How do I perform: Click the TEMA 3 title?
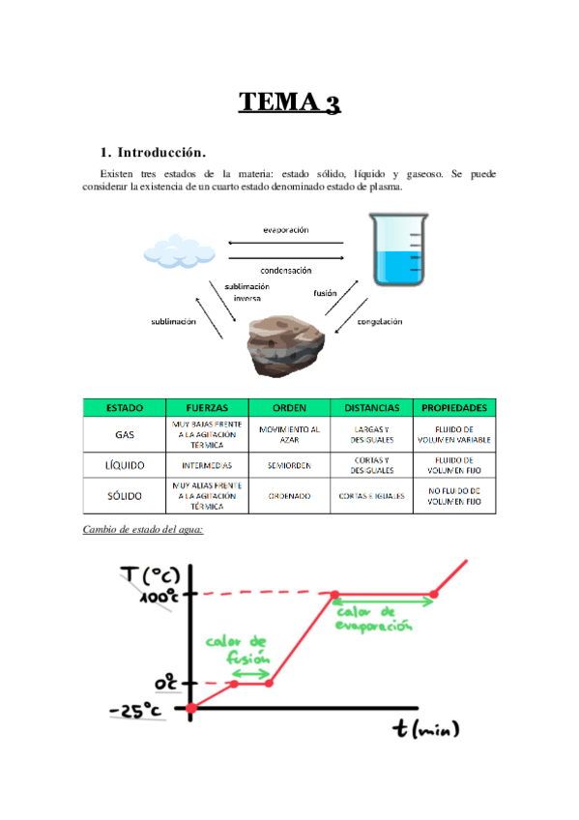[289, 102]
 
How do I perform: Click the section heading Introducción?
[154, 152]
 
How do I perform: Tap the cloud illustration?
[180, 250]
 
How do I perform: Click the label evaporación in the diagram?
[285, 230]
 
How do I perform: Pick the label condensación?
[285, 271]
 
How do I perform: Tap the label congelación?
[379, 321]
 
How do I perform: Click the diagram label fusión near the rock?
[325, 293]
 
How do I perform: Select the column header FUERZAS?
[207, 407]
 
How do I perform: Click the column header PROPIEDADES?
[454, 407]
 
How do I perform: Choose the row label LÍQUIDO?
[125, 465]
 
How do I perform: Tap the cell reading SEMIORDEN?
[289, 465]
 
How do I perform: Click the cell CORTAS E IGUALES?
[372, 496]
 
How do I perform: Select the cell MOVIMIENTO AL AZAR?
[289, 434]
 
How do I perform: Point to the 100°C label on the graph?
[157, 597]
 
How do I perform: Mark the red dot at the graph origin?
[191, 709]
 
